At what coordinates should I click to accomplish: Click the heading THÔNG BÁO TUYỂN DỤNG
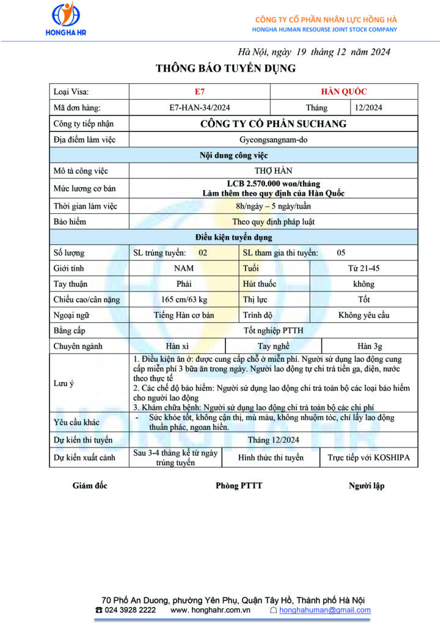pos(225,68)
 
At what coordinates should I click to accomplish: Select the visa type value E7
pos(200,92)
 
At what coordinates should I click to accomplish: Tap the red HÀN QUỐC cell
pos(344,92)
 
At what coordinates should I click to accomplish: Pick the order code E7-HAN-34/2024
pos(200,108)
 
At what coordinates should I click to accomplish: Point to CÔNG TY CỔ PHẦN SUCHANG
pos(273,123)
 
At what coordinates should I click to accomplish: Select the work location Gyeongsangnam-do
pos(273,139)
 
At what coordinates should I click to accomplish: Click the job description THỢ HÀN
pos(273,171)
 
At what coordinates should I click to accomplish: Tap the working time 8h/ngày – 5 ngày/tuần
pos(273,206)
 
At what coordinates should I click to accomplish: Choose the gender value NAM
pos(184,268)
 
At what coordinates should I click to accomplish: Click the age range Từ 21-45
pos(363,268)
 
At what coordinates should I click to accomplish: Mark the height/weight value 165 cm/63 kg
pos(184,300)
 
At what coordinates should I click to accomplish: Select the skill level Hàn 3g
pos(370,347)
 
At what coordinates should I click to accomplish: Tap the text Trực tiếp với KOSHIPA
pos(368,458)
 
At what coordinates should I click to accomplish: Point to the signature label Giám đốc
pos(90,486)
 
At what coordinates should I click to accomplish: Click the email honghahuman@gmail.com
pos(325,610)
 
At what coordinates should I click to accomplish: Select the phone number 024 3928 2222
pos(130,610)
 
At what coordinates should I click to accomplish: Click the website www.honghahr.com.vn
pos(211,610)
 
